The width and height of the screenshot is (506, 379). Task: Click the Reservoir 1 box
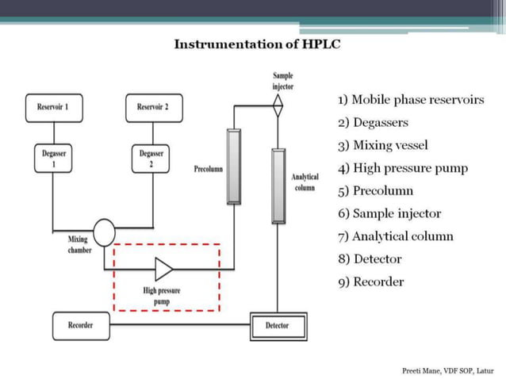tap(52, 106)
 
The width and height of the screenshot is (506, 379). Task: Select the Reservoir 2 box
tap(153, 106)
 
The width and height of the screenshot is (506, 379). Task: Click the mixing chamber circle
tap(104, 233)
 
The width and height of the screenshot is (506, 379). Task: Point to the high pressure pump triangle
tap(163, 269)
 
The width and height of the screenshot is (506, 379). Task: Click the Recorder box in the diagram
tap(81, 325)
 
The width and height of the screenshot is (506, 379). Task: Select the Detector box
tap(278, 325)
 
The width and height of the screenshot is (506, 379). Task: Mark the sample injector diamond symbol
tap(278, 105)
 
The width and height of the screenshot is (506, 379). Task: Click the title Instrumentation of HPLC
tap(257, 44)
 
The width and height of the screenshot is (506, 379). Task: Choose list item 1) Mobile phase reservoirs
tap(410, 100)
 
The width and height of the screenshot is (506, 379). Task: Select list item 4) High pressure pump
tap(402, 168)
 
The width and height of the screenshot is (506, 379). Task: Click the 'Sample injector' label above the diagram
tap(282, 80)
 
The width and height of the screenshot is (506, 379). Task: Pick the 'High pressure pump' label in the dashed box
tap(162, 296)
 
